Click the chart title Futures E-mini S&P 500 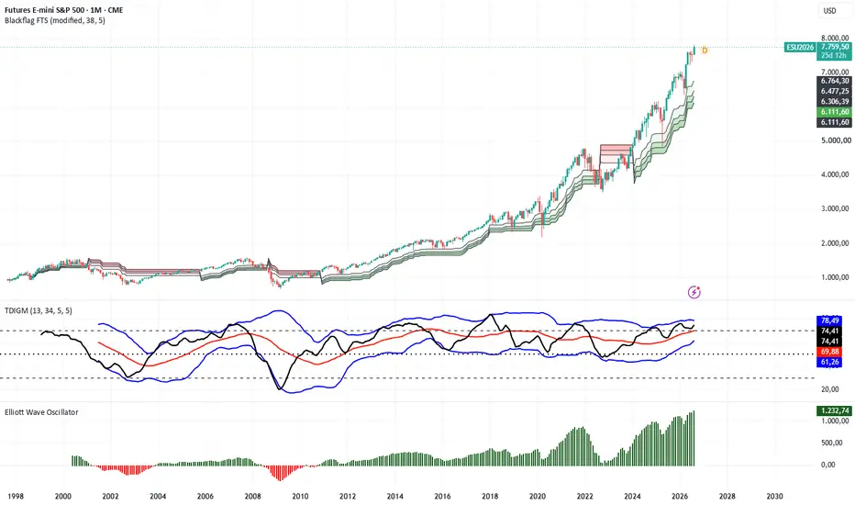pos(42,10)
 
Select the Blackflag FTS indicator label pos(54,20)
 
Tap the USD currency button pos(829,11)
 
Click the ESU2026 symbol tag pos(800,48)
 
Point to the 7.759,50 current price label pos(835,47)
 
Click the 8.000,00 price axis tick pos(835,38)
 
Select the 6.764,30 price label pos(835,81)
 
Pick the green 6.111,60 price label pos(835,112)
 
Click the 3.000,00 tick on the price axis pos(835,208)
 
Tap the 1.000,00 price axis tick pos(835,277)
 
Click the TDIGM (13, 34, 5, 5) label pos(39,310)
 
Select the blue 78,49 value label pos(829,320)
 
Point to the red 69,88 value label pos(829,353)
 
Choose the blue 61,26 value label pos(829,362)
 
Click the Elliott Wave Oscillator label pos(41,412)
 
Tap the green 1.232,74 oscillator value pos(834,410)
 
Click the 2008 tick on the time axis pos(252,496)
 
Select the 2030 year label pos(774,496)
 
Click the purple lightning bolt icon pos(694,292)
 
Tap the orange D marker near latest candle pos(705,50)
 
